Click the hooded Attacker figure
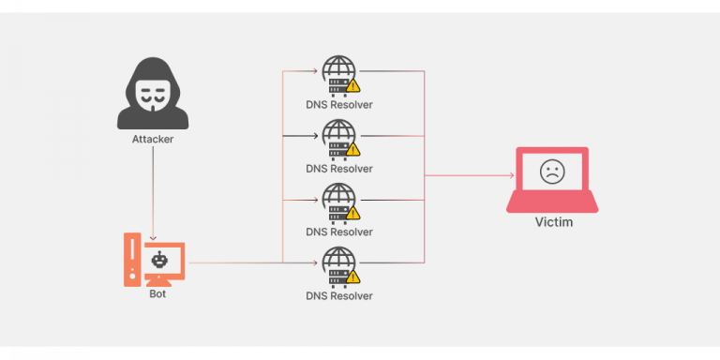coord(152,94)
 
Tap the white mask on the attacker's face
coord(152,91)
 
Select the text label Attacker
coord(152,140)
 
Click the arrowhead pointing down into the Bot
coord(152,236)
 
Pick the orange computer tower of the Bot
coord(132,259)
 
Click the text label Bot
coord(157,294)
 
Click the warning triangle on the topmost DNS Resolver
coord(353,85)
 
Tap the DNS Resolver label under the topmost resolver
coord(338,105)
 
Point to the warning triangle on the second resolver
coord(353,149)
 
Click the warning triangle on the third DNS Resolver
coord(353,213)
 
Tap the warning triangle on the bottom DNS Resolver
coord(353,277)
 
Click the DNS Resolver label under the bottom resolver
coord(338,296)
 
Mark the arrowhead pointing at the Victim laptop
coord(510,175)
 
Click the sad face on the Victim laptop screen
coord(552,172)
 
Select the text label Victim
coord(553,223)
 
